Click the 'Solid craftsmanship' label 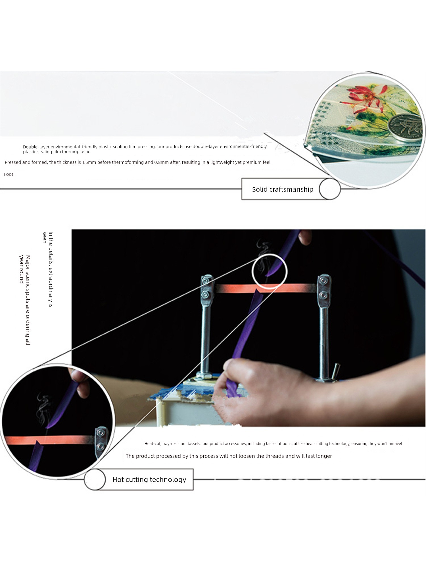[x=283, y=189]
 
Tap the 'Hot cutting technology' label [x=149, y=480]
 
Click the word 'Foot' [x=9, y=174]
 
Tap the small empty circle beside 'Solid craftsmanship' [x=330, y=189]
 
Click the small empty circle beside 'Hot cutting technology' [x=95, y=479]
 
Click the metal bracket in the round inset [x=101, y=442]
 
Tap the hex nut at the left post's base [x=204, y=376]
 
